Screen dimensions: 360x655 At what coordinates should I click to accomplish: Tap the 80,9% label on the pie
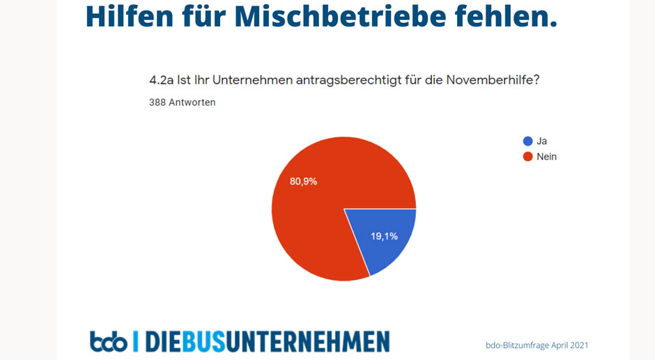coord(304,182)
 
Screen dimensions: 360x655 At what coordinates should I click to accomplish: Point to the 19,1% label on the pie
coord(383,236)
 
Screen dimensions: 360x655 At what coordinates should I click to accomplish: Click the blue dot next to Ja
coord(527,141)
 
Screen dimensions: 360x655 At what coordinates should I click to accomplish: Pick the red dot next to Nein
coord(527,157)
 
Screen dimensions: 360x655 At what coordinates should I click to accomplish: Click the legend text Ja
coord(541,141)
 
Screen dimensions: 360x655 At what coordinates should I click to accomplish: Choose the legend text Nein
coord(546,157)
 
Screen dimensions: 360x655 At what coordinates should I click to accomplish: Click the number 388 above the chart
coord(158,102)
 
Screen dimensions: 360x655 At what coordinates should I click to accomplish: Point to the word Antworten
coord(192,102)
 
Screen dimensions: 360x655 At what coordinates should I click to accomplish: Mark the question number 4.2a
coord(162,81)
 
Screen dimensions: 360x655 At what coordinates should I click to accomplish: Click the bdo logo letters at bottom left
coord(108,342)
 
